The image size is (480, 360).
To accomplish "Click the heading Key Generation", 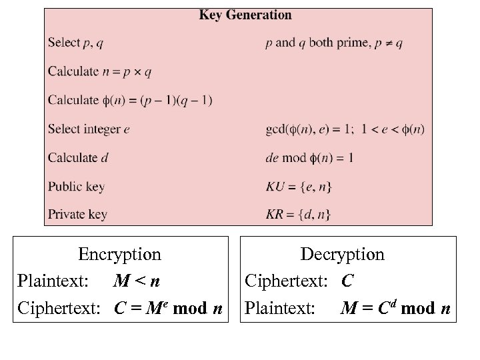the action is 245,15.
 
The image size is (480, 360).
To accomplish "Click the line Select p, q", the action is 75,43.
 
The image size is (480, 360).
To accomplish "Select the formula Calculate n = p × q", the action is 99,71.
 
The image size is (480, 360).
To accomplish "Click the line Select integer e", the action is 89,129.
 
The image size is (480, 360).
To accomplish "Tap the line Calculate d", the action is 78,158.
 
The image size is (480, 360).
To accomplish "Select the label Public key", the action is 76,187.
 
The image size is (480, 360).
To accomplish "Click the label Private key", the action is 77,215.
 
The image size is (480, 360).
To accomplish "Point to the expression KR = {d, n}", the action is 297,215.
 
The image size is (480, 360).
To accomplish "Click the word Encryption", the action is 119,254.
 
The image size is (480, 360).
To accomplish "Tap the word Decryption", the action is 343,254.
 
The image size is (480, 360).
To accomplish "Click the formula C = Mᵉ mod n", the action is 169,309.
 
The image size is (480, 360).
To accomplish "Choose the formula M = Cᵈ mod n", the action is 396,309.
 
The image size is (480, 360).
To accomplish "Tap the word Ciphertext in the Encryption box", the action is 59,309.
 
